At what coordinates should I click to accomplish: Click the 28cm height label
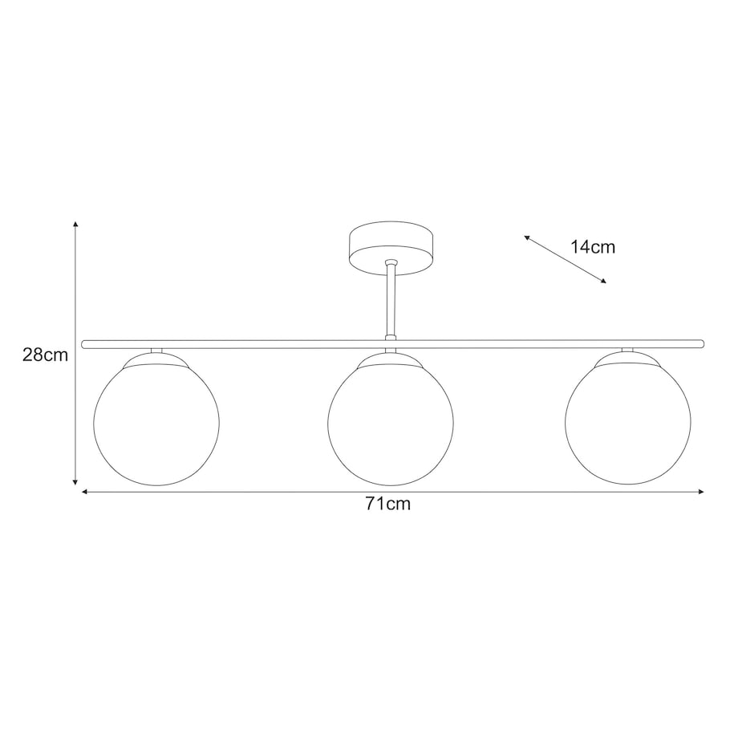(x=45, y=355)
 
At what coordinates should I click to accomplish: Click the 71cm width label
(x=387, y=505)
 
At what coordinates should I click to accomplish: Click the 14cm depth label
(x=593, y=247)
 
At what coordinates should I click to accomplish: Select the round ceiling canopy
(x=391, y=248)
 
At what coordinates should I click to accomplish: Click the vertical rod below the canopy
(x=391, y=301)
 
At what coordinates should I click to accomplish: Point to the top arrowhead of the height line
(x=75, y=225)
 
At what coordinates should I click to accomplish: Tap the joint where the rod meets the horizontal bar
(x=391, y=339)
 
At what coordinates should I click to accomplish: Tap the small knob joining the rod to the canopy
(x=391, y=262)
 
